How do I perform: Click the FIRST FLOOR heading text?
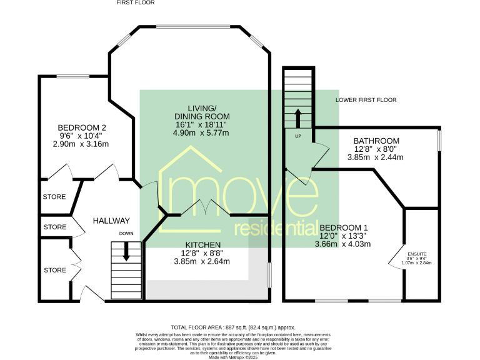click(135, 3)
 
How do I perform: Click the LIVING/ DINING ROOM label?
click(201, 112)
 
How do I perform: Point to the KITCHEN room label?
click(202, 244)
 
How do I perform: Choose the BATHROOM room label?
click(376, 141)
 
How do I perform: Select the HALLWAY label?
click(111, 221)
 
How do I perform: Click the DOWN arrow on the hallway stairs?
click(126, 250)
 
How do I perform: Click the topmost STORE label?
click(54, 197)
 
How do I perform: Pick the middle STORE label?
click(54, 227)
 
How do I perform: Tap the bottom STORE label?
click(54, 270)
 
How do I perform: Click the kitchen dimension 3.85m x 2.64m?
click(202, 261)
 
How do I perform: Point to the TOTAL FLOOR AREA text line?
click(232, 327)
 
